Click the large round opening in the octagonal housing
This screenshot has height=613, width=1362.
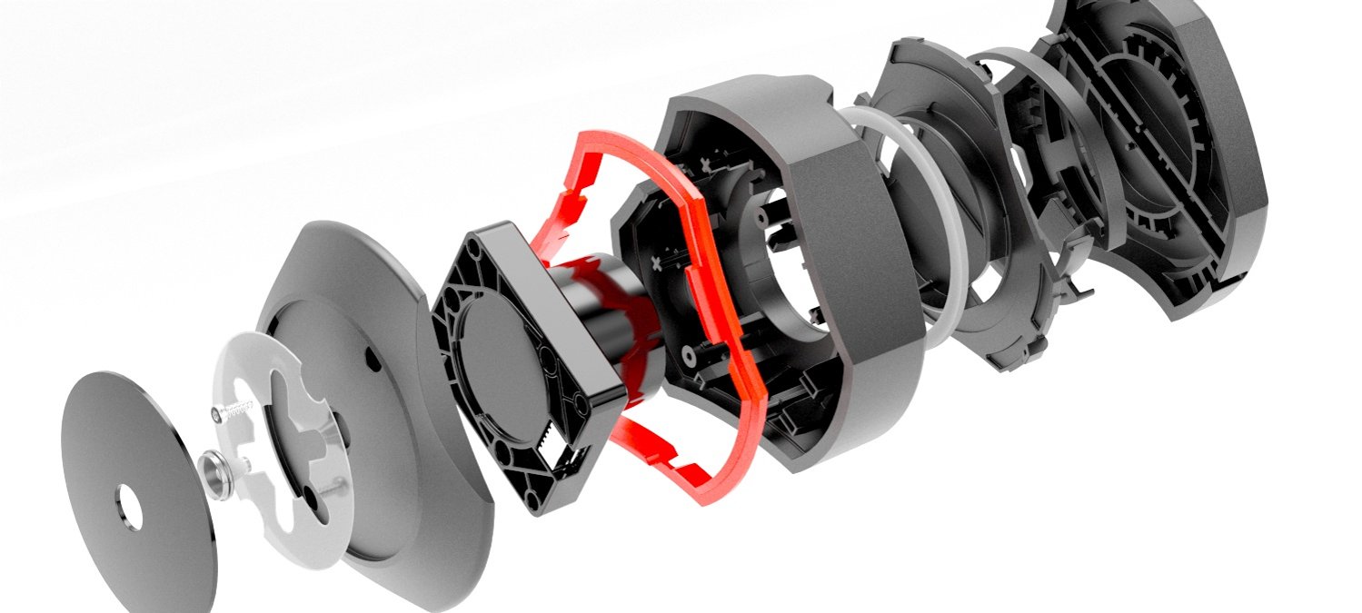[786, 263]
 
